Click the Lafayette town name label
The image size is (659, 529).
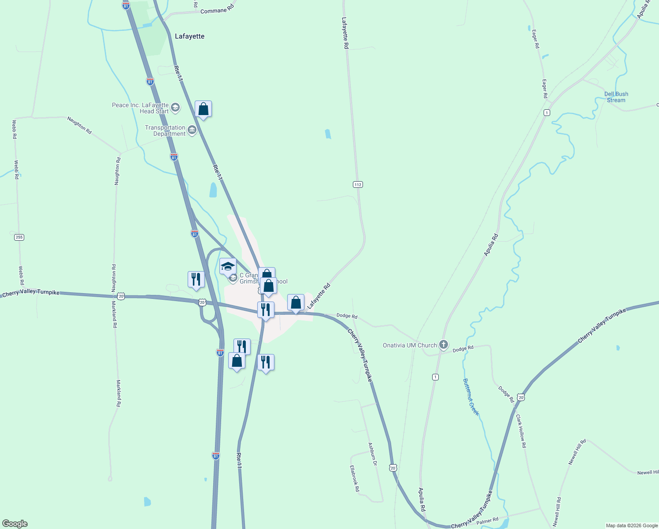[189, 36]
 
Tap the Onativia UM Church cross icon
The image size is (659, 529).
[444, 345]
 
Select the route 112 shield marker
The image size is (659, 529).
[358, 184]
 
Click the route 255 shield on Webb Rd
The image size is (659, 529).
[19, 237]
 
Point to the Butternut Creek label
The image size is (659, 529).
[471, 397]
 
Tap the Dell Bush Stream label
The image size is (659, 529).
[616, 97]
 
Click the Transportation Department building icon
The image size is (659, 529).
[192, 130]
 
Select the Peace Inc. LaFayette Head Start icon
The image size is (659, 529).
[175, 108]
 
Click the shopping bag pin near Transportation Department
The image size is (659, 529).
[203, 109]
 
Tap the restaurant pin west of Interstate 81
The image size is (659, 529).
[196, 279]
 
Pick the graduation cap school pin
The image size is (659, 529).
[228, 266]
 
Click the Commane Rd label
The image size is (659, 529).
[217, 11]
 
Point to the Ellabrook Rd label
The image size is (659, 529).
[355, 478]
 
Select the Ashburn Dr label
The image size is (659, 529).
[373, 454]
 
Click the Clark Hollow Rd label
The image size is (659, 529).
[521, 431]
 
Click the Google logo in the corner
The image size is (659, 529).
[15, 524]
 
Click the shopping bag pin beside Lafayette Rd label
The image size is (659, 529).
[296, 302]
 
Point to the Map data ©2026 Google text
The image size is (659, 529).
[632, 525]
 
